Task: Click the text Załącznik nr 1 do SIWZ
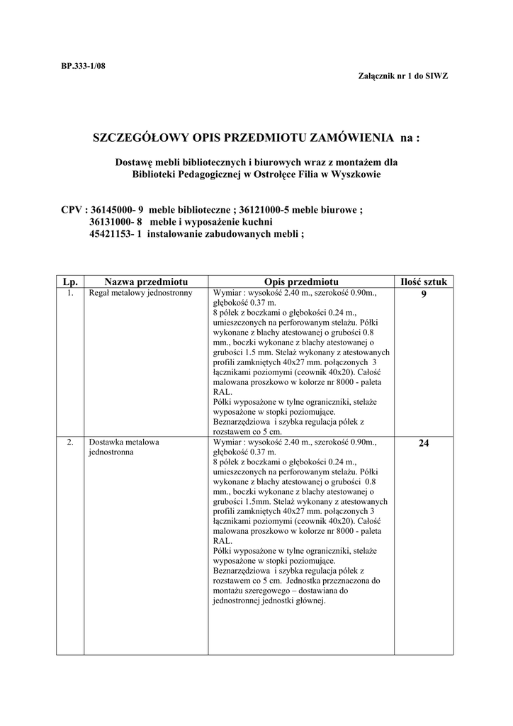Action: (405, 75)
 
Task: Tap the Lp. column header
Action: (70, 281)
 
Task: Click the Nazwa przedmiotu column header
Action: (145, 281)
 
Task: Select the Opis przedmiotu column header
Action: (300, 281)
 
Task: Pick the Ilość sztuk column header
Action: (424, 281)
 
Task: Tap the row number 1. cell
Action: (70, 292)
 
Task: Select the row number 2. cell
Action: (70, 442)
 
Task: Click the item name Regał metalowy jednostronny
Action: (140, 292)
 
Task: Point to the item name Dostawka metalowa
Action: (123, 442)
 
